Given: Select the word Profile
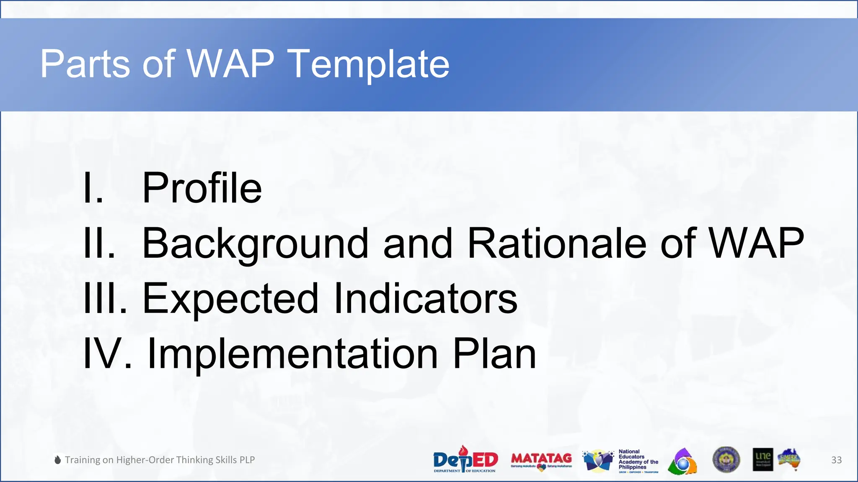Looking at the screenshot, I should [202, 188].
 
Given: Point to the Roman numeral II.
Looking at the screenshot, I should [98, 243].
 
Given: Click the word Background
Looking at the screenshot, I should [255, 244].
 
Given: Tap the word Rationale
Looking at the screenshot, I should [557, 243].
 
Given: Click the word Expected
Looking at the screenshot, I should [231, 299].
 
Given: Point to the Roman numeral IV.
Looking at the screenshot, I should [107, 354].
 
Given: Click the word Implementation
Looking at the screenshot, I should [293, 354].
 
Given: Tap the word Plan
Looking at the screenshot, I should [494, 354].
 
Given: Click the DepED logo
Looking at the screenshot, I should [465, 460].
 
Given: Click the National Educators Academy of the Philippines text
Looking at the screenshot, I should [638, 460].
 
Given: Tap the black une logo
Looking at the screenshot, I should [762, 460].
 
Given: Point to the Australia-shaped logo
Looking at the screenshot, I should [789, 460].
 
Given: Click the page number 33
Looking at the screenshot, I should [836, 460].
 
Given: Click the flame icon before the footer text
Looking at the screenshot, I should [58, 460].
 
